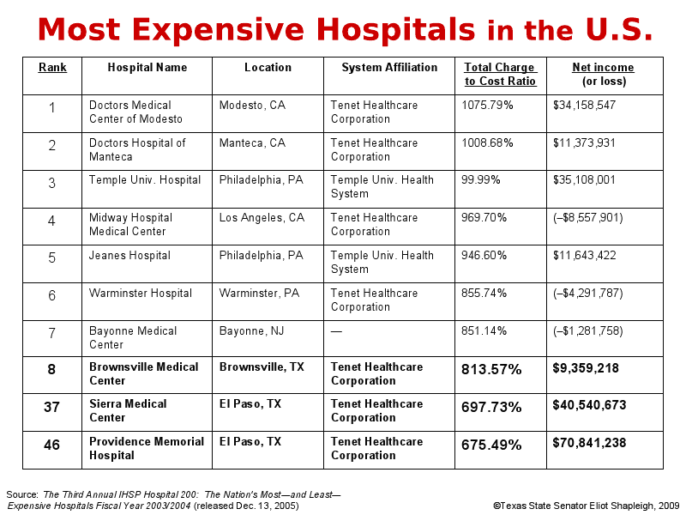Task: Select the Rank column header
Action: click(52, 68)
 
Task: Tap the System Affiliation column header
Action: click(389, 68)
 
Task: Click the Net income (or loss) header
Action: click(604, 75)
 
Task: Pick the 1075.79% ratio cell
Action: click(487, 106)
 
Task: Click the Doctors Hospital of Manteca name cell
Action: click(137, 150)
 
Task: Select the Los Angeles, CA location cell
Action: click(262, 218)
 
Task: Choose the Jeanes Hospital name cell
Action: click(129, 256)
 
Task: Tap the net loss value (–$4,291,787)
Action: click(588, 294)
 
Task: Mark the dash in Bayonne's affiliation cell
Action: click(336, 331)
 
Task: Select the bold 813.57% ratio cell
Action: click(493, 369)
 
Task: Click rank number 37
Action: click(51, 407)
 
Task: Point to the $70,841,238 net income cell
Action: click(589, 444)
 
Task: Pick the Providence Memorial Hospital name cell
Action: click(147, 448)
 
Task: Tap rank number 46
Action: click(51, 445)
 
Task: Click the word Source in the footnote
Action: click(21, 494)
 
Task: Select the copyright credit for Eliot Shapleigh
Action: click(586, 506)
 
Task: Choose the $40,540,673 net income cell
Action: click(589, 405)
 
